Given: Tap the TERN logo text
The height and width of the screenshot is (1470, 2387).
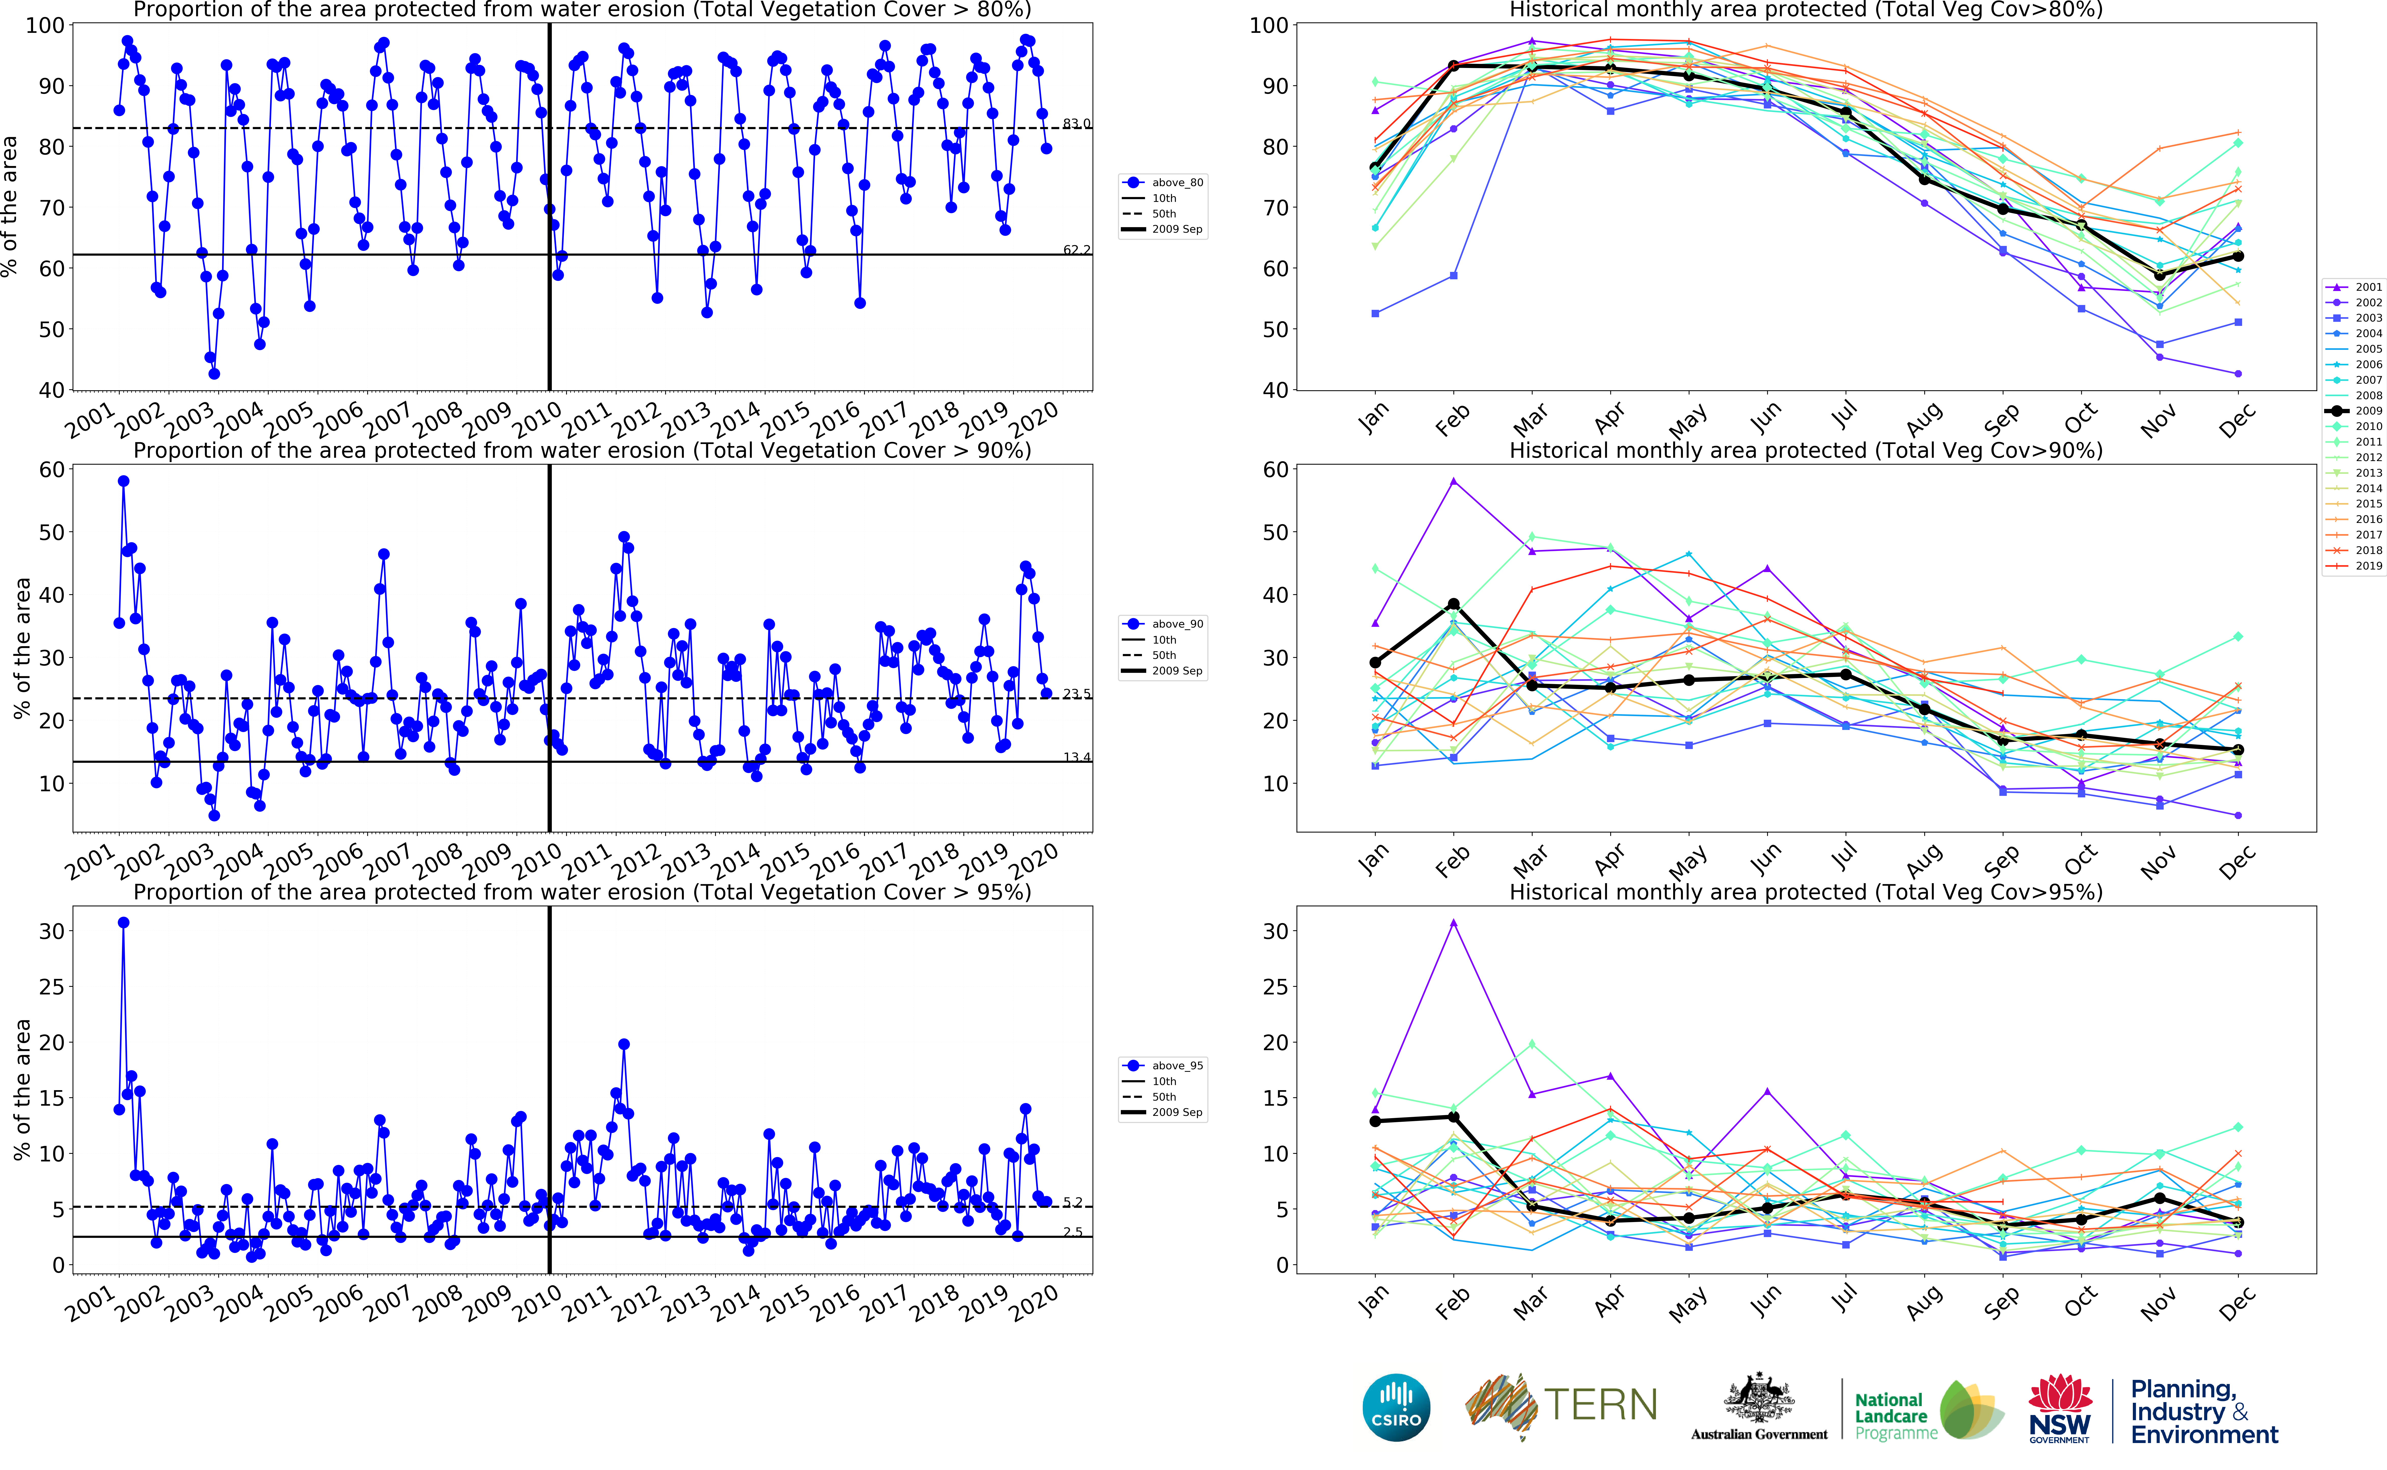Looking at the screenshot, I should pyautogui.click(x=1600, y=1405).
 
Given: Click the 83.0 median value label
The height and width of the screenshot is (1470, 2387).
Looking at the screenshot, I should pyautogui.click(x=1076, y=123).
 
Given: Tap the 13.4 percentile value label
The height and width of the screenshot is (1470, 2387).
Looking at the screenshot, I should pyautogui.click(x=1076, y=757).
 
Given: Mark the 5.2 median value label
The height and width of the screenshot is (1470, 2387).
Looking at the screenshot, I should pyautogui.click(x=1072, y=1203).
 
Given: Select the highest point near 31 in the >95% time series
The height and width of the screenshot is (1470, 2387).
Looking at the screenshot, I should pyautogui.click(x=124, y=923).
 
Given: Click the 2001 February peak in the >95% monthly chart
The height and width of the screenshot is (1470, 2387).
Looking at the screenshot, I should pyautogui.click(x=1454, y=923).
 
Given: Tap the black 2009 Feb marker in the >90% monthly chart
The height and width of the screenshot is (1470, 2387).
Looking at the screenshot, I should pyautogui.click(x=1454, y=605).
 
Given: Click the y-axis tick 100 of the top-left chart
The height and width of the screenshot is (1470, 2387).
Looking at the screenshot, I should pyautogui.click(x=45, y=25).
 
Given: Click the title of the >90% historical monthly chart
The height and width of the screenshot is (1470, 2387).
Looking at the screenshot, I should pyautogui.click(x=1806, y=451).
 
